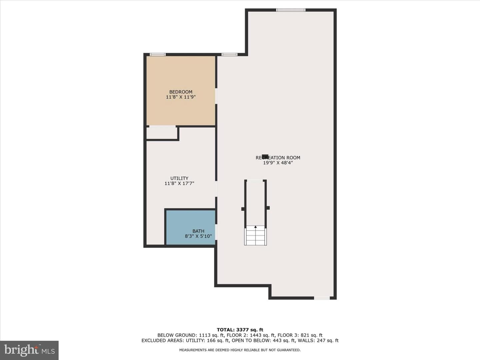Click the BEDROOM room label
coord(181,92)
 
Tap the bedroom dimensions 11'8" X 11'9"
coord(181,97)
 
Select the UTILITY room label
coord(179,178)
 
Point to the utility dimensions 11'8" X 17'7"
coord(179,183)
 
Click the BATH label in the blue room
coord(198,231)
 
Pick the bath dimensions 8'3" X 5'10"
coord(198,236)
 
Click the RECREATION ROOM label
coord(278,158)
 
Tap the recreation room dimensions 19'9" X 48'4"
coord(278,163)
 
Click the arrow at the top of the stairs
coord(255,227)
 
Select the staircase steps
coord(255,237)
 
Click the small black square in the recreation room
coord(265,156)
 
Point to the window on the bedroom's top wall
coord(158,54)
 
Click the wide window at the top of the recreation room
coord(291,10)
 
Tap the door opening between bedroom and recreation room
coord(216,96)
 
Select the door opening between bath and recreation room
coord(216,232)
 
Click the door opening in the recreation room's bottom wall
coord(322,298)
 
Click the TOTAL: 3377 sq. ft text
coord(240,330)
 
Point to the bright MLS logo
coord(29,350)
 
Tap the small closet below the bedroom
coord(162,133)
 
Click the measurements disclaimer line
coord(240,350)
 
